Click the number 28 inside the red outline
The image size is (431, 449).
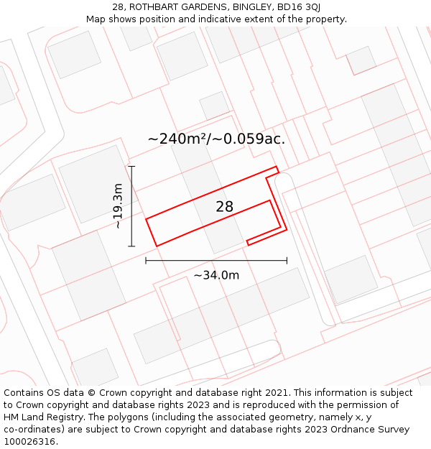225,207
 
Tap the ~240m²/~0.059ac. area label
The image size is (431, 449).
216,139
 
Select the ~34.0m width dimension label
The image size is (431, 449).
216,274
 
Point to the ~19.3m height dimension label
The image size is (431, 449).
119,206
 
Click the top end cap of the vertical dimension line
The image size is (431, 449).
131,167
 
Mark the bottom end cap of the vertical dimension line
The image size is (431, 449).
131,246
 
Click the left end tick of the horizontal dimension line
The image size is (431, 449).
146,260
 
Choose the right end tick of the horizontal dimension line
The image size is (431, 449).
287,260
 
